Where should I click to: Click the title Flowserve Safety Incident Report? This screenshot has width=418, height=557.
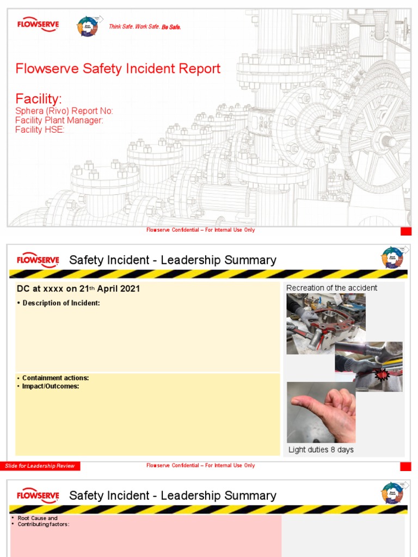pyautogui.click(x=118, y=69)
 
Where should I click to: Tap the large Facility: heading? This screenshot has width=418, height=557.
pyautogui.click(x=39, y=99)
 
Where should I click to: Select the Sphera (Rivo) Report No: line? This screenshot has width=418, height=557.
pyautogui.click(x=64, y=111)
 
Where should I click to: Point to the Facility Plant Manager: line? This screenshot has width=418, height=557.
pyautogui.click(x=59, y=120)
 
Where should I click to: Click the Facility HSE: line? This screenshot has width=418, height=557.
pyautogui.click(x=40, y=129)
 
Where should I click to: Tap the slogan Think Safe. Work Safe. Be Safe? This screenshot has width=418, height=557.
pyautogui.click(x=145, y=27)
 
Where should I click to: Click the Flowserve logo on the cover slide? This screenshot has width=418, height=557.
pyautogui.click(x=38, y=25)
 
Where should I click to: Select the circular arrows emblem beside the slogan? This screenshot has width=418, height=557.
pyautogui.click(x=88, y=26)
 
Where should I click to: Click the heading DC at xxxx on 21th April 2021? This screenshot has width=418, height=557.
pyautogui.click(x=78, y=289)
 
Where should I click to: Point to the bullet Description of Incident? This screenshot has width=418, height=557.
pyautogui.click(x=61, y=303)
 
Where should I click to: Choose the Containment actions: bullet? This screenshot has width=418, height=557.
pyautogui.click(x=56, y=378)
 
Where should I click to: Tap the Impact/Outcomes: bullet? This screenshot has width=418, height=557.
pyautogui.click(x=51, y=386)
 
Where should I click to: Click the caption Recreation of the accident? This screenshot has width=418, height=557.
pyautogui.click(x=331, y=288)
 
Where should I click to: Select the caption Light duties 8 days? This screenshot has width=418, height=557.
pyautogui.click(x=321, y=450)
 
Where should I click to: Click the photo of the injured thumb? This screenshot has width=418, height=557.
pyautogui.click(x=321, y=412)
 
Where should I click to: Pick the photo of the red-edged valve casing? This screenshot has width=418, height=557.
pyautogui.click(x=325, y=324)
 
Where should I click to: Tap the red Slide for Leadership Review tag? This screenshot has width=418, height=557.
pyautogui.click(x=40, y=466)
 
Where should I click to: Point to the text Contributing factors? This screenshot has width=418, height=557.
pyautogui.click(x=44, y=524)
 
